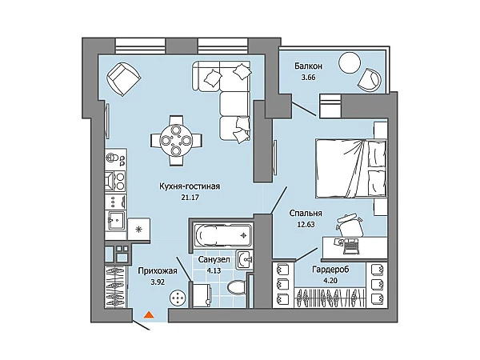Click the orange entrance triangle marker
point(149,314)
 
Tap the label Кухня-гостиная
point(190,186)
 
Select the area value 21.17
point(190,198)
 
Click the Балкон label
point(308,66)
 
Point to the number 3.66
point(308,77)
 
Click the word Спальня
point(306,213)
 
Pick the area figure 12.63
point(306,224)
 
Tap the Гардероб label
point(330,270)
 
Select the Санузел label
point(214,259)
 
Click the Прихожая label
point(158,270)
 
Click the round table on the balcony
point(350,62)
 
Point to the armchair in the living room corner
point(124,78)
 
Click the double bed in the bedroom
point(351,168)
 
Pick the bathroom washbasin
point(244,260)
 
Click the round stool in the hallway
point(178,298)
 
